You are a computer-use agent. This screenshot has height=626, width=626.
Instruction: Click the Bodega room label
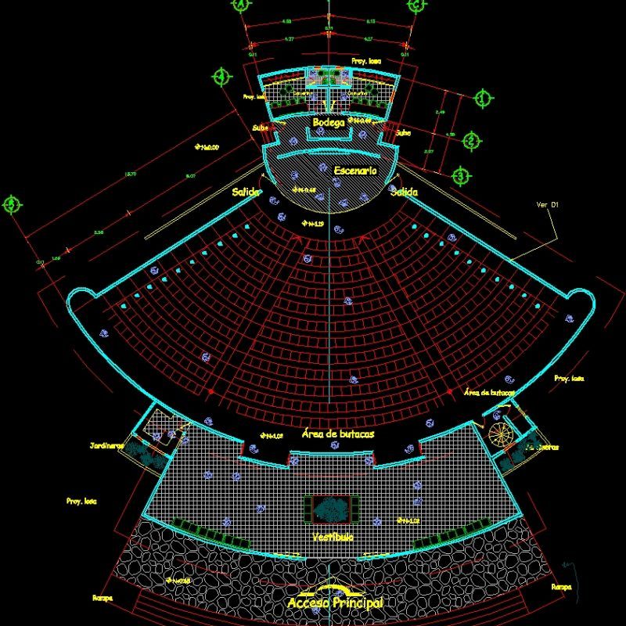point(329,123)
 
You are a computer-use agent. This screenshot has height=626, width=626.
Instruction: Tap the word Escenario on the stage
point(354,170)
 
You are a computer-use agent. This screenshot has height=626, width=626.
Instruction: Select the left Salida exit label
point(246,191)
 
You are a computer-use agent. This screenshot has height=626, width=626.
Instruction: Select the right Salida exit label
point(405,192)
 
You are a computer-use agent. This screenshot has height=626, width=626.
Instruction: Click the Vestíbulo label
point(333,537)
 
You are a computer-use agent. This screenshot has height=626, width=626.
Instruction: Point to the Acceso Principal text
point(335,603)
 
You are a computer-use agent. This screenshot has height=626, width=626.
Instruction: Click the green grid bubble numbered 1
point(483,99)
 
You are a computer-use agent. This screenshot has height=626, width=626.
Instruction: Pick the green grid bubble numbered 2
point(471,141)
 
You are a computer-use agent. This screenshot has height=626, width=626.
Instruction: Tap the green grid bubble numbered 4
point(222,77)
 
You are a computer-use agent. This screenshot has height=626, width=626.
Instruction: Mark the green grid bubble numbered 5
point(11,205)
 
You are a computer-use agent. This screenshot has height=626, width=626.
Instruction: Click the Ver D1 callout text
point(547,205)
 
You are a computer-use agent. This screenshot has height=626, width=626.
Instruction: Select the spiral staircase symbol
point(498,433)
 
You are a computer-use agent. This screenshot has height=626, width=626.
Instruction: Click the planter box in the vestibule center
point(333,509)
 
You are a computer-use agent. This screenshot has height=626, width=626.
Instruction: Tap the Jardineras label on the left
point(107,446)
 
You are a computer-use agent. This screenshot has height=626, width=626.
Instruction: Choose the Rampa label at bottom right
point(561,585)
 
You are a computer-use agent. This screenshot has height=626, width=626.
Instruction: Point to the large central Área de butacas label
point(337,433)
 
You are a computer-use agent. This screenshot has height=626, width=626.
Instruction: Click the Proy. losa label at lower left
point(81,500)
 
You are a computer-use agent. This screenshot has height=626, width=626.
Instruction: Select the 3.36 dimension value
point(99,232)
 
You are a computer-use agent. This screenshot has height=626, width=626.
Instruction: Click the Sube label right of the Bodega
point(404,132)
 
